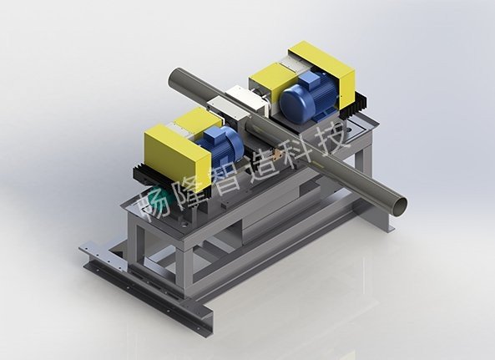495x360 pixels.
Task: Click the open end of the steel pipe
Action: (x=399, y=205)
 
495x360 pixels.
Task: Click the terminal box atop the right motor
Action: (x=311, y=79)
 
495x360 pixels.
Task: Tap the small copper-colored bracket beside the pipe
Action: (x=278, y=154)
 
